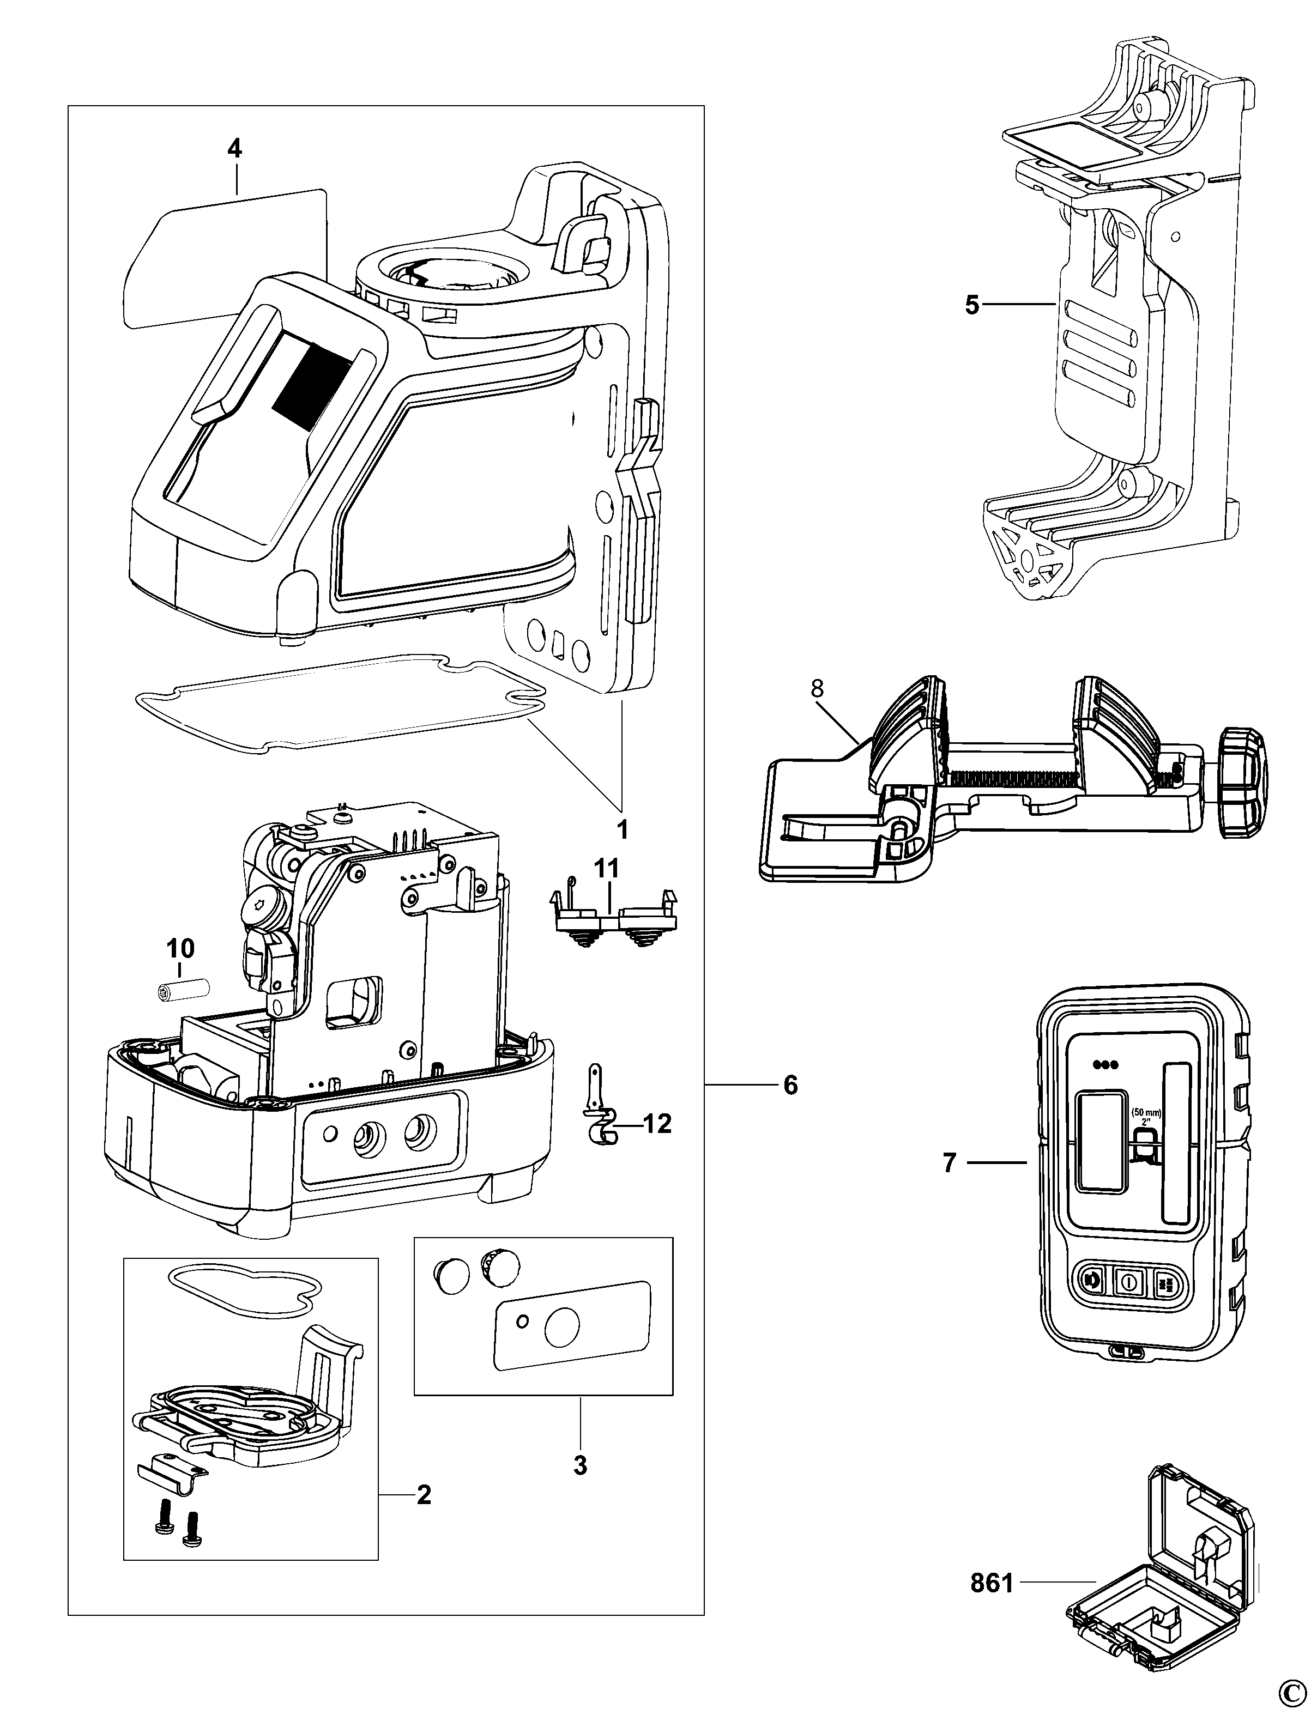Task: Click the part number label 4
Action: [234, 148]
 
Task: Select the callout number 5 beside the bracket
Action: [971, 305]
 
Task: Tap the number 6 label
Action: [790, 1084]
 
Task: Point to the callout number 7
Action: [949, 1185]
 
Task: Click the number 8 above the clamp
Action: [817, 688]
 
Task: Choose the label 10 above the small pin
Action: [180, 949]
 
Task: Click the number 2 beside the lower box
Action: [424, 1495]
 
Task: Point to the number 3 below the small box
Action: [580, 1465]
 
